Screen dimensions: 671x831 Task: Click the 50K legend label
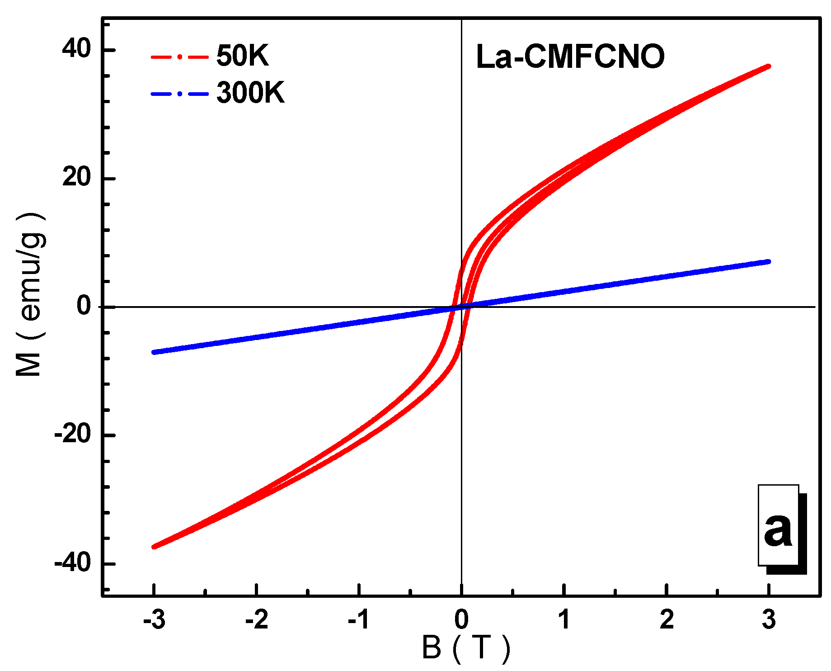[x=243, y=56]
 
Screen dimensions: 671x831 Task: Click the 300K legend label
[x=251, y=93]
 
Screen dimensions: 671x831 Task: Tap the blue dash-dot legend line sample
[x=179, y=94]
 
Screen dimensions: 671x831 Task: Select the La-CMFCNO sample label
[x=570, y=57]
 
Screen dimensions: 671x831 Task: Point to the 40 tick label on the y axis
[x=77, y=48]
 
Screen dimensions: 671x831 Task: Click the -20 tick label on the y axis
[x=72, y=435]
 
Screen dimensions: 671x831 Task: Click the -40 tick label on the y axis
[x=72, y=563]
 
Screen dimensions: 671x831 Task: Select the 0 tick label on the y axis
[x=84, y=306]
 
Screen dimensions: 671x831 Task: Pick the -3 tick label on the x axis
[x=154, y=619]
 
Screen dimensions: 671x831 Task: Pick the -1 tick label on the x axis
[x=359, y=619]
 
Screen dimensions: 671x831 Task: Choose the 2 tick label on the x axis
[x=667, y=619]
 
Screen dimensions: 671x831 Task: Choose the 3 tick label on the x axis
[x=769, y=619]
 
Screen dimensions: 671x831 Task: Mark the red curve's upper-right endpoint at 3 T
[x=768, y=66]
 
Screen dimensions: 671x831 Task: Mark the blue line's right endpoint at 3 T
[x=768, y=262]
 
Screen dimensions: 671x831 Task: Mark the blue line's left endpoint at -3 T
[x=155, y=352]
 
